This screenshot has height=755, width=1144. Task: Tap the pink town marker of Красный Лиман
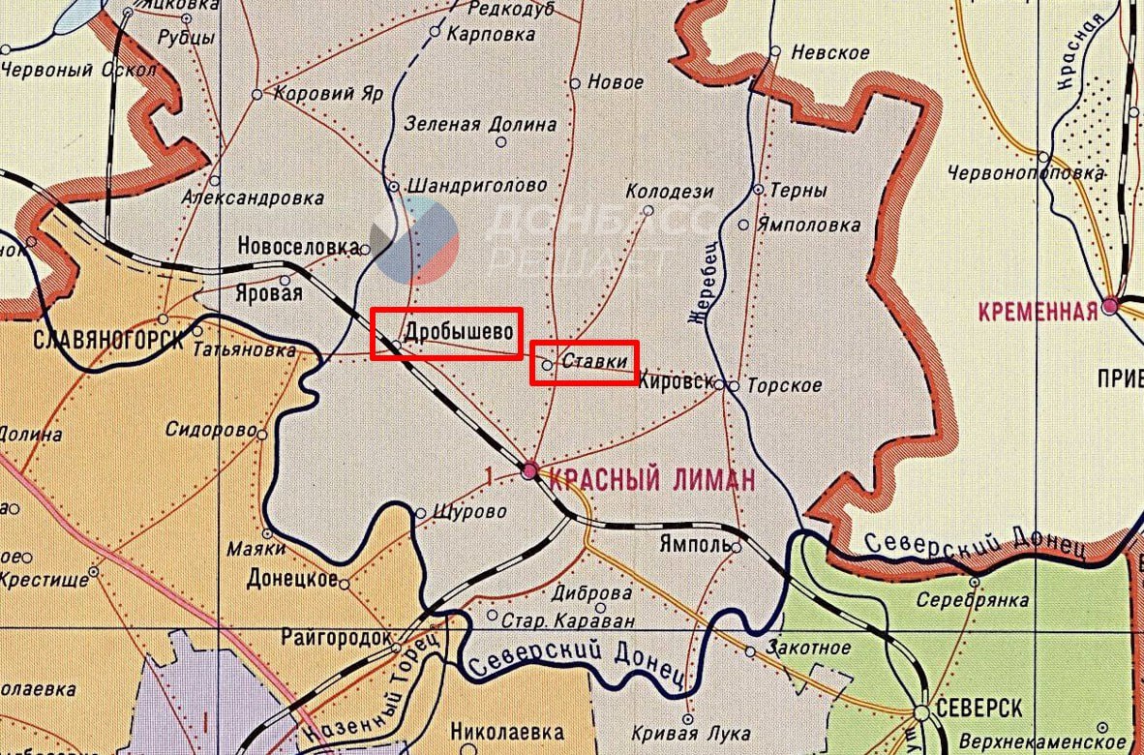tap(529, 471)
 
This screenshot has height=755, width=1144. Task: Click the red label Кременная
tap(1038, 311)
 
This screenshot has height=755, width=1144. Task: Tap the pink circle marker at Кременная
tap(1109, 306)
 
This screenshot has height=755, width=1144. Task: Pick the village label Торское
tap(784, 385)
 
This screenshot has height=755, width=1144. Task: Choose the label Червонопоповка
tap(1026, 173)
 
